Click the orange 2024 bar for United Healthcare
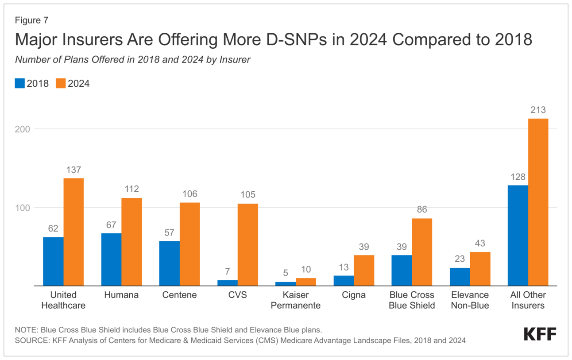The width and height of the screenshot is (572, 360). pyautogui.click(x=73, y=232)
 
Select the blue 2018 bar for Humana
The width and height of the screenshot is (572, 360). pyautogui.click(x=111, y=259)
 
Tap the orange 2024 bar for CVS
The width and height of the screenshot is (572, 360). pyautogui.click(x=248, y=244)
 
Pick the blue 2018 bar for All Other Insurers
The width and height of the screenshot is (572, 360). pyautogui.click(x=518, y=236)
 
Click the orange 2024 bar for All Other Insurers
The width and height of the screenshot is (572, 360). pyautogui.click(x=538, y=202)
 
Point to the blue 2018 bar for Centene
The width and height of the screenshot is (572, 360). pyautogui.click(x=169, y=263)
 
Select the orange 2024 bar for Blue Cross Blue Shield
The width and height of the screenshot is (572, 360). pyautogui.click(x=422, y=252)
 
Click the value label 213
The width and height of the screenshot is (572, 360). pyautogui.click(x=538, y=110)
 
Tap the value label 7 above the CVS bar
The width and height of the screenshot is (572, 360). pyautogui.click(x=228, y=271)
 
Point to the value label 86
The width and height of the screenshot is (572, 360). pyautogui.click(x=422, y=209)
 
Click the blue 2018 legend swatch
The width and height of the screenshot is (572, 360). pyautogui.click(x=19, y=83)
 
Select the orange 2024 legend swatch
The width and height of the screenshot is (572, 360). pyautogui.click(x=61, y=83)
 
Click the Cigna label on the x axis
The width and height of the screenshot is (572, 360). pyautogui.click(x=353, y=295)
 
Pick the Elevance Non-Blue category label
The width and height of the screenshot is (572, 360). pyautogui.click(x=469, y=300)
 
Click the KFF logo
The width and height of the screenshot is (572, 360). pyautogui.click(x=540, y=334)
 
